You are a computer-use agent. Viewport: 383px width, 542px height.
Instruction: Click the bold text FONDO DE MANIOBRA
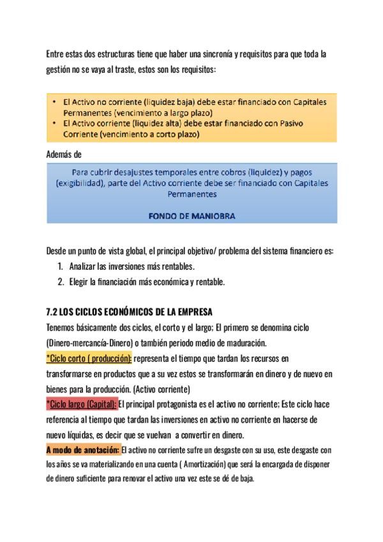pos(191,216)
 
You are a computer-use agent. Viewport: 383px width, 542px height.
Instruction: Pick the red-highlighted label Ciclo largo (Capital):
pos(82,404)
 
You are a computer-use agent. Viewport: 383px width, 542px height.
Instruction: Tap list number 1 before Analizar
pos(60,266)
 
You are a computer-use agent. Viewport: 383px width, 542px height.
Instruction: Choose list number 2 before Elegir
pos(60,281)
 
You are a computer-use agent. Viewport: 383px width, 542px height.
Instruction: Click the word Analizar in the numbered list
pos(83,266)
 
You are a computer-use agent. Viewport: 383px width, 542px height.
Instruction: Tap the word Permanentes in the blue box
pos(191,194)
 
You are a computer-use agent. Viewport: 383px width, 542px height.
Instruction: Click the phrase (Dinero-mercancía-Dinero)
pos(91,343)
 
